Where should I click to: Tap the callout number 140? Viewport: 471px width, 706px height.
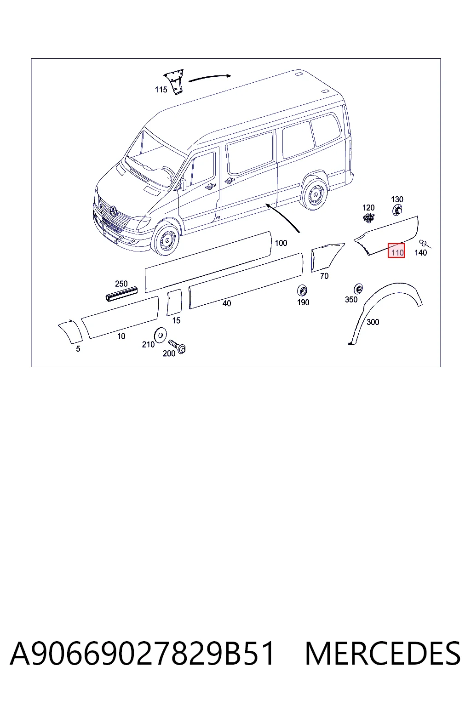(420, 252)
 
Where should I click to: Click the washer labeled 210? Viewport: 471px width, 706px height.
(160, 335)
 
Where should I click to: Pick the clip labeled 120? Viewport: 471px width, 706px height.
(368, 217)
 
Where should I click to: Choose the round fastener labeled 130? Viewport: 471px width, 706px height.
(397, 210)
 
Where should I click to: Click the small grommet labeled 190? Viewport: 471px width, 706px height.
(302, 290)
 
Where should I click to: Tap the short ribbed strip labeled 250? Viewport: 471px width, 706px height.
(121, 294)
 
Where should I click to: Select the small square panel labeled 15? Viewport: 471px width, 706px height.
(174, 302)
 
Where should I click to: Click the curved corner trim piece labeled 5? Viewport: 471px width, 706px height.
(71, 332)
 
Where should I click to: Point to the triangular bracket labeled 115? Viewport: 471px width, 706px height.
(175, 82)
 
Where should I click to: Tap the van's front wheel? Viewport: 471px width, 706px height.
(166, 239)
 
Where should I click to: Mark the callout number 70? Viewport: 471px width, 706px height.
(324, 276)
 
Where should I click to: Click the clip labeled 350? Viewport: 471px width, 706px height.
(358, 289)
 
